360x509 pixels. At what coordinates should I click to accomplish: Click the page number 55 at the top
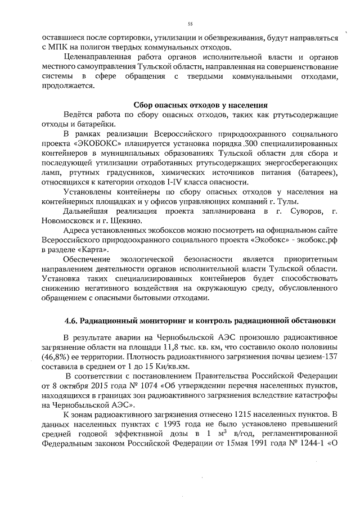[x=190, y=24]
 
